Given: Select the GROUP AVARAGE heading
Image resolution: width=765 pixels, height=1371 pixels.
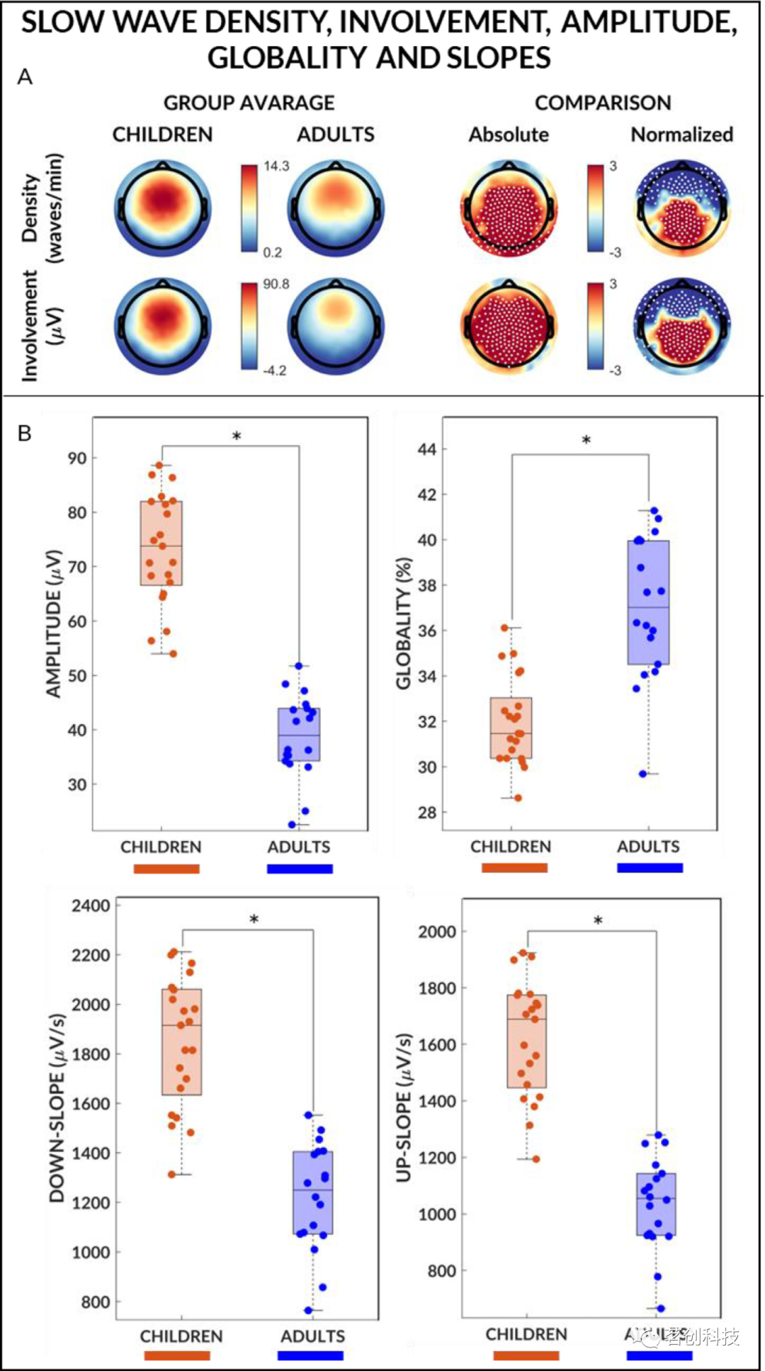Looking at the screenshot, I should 249,103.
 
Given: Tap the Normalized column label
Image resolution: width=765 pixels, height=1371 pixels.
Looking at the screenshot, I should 681,135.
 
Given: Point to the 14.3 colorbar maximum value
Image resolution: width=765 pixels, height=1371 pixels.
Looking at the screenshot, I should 276,167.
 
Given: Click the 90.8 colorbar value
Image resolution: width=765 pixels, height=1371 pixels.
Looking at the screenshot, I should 276,284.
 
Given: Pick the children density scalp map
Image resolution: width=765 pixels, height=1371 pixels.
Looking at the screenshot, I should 162,209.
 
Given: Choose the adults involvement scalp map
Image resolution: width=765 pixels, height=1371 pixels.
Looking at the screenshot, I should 336,327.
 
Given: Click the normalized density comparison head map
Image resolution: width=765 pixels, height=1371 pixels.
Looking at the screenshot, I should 681,209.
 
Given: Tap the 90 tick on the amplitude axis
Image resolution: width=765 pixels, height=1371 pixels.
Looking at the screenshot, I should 77,458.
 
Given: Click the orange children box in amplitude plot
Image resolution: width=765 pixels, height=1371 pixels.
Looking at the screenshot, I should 161,543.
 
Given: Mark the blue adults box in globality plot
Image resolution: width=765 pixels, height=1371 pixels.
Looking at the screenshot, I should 648,602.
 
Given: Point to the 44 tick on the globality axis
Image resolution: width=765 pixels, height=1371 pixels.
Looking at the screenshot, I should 426,449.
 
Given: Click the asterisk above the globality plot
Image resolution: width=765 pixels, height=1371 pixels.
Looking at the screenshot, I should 586,440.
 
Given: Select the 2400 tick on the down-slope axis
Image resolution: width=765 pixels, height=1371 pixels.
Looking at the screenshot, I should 92,905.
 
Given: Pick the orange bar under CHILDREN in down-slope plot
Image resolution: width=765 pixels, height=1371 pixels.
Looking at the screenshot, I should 177,1355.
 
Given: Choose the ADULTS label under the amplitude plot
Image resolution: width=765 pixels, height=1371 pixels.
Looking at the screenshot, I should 299,847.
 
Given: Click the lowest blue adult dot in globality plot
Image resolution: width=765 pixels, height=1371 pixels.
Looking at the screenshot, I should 643,774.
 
